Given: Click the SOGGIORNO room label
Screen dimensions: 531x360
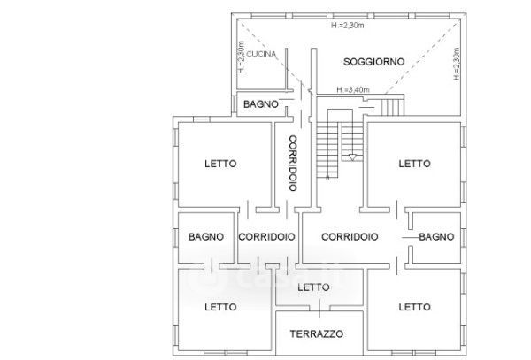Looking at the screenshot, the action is point(373,62).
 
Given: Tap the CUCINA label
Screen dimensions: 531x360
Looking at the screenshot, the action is point(261,54).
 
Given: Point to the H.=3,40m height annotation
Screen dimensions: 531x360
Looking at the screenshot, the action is point(353,89).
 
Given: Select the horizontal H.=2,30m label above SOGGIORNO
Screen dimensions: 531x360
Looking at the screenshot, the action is point(348,26).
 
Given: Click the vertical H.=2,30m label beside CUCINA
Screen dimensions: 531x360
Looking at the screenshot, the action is point(241,57).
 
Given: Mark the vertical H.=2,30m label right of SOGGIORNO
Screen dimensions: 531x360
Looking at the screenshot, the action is point(457,64).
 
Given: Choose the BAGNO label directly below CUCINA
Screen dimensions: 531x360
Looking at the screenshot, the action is point(261,104).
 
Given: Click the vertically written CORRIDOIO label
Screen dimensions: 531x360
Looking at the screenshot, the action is point(293,164).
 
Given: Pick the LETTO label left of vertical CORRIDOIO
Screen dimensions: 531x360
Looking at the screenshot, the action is point(220,164).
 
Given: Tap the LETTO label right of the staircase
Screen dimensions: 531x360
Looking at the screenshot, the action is point(414,164).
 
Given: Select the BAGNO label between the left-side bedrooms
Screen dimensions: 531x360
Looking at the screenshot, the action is point(206,237).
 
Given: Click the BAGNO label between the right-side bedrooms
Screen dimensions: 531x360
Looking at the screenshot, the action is point(436,237).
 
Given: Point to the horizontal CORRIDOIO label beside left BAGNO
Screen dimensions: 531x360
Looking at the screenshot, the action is point(266,237).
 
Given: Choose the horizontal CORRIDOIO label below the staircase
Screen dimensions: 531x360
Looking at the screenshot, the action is point(350,237).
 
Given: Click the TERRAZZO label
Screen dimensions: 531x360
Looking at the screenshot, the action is point(316,334).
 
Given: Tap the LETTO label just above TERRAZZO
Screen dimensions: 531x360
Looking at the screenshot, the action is point(313,287).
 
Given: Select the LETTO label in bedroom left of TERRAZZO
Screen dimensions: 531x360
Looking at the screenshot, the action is point(220,307).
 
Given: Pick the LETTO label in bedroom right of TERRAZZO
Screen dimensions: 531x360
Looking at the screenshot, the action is point(414,307).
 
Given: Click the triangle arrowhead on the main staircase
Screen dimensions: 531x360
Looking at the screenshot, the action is point(352,157).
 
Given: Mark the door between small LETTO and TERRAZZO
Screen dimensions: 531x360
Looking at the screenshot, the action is point(319,309).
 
